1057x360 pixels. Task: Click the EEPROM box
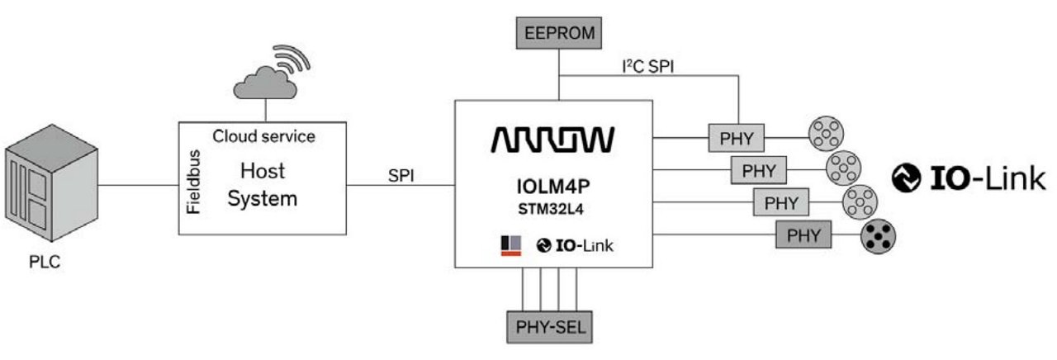click(560, 34)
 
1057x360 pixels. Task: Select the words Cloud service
click(263, 135)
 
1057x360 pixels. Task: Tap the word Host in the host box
click(263, 171)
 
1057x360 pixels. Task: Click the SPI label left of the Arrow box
click(401, 177)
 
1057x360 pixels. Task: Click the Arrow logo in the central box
click(552, 140)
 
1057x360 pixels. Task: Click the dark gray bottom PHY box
click(803, 236)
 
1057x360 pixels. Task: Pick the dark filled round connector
click(877, 236)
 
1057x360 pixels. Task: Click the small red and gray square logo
click(510, 245)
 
